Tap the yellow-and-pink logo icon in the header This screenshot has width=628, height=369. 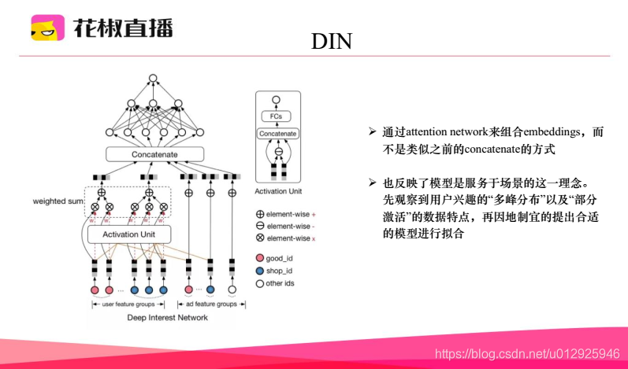click(47, 29)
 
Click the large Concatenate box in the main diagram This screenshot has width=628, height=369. click(155, 154)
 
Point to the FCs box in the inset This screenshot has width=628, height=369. click(276, 116)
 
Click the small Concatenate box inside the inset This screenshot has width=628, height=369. click(277, 134)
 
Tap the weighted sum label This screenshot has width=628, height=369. click(58, 201)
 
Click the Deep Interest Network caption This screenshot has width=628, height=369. click(167, 317)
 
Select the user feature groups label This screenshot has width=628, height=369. click(129, 304)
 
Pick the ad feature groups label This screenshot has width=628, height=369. click(210, 304)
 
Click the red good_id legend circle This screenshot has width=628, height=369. click(259, 258)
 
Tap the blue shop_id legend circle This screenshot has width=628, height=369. click(259, 271)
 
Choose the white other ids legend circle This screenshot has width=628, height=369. click(259, 283)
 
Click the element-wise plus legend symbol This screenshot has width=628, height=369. click(260, 213)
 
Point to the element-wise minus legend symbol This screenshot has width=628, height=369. click(260, 225)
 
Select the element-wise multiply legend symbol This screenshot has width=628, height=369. click(260, 238)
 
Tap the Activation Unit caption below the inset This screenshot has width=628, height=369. click(277, 191)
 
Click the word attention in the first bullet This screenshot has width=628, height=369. click(426, 133)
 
